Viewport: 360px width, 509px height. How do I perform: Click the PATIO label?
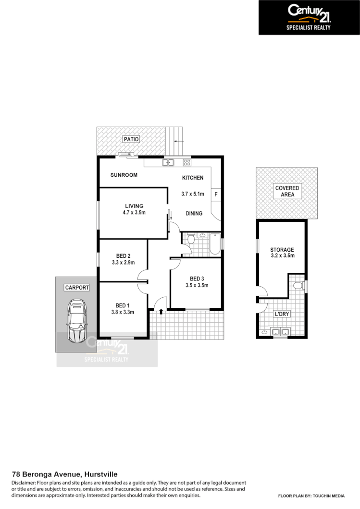pyautogui.click(x=131, y=139)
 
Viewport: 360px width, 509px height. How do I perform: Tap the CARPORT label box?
pyautogui.click(x=77, y=288)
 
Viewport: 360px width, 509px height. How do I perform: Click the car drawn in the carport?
pyautogui.click(x=76, y=320)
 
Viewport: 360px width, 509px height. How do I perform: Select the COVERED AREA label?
pyautogui.click(x=287, y=191)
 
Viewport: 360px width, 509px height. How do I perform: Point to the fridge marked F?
pyautogui.click(x=216, y=194)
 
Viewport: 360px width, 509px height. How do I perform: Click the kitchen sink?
pyautogui.click(x=168, y=162)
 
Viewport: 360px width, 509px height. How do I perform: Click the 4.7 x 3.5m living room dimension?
pyautogui.click(x=134, y=213)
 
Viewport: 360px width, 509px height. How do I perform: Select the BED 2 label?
pyautogui.click(x=123, y=255)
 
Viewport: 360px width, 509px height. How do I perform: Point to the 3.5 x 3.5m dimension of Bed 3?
pyautogui.click(x=197, y=285)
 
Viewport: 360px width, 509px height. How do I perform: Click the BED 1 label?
pyautogui.click(x=123, y=305)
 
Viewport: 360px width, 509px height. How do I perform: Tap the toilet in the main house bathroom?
pyautogui.click(x=191, y=238)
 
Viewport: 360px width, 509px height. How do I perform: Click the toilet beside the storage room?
pyautogui.click(x=298, y=286)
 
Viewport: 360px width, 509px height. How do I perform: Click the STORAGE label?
pyautogui.click(x=282, y=250)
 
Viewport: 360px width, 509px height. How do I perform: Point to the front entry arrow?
pyautogui.click(x=161, y=312)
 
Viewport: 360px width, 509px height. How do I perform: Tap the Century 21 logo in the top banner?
pyautogui.click(x=309, y=13)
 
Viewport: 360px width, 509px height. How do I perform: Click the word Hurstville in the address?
pyautogui.click(x=100, y=474)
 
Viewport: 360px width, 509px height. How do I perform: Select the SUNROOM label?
pyautogui.click(x=124, y=175)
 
